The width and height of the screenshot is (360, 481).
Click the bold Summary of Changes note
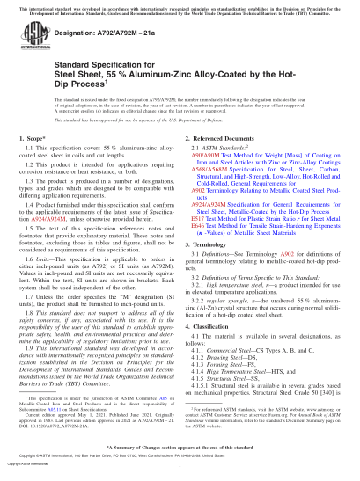[180, 449]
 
